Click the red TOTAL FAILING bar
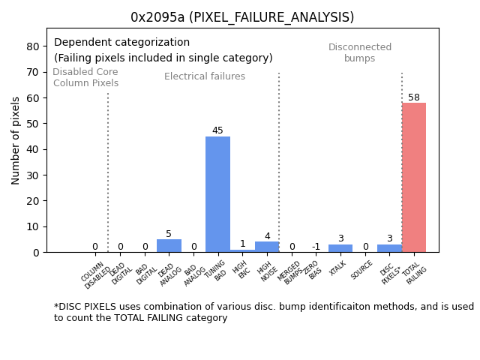pos(414,178)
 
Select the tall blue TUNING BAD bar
pos(217,194)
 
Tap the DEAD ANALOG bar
pos(169,246)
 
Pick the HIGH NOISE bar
pos(267,247)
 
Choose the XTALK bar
pos(340,248)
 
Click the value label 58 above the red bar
pos(414,97)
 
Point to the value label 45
pos(217,130)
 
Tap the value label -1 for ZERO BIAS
pos(316,247)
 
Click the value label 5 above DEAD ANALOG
pos(169,234)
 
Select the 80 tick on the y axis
pos(33,46)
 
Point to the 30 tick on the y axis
pos(33,175)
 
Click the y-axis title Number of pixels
pos(16,140)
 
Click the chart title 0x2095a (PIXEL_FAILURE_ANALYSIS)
pos(242,17)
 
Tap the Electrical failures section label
pos(205,76)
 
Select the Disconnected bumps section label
pos(360,52)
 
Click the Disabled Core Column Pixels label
pos(85,77)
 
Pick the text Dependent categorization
pos(121,43)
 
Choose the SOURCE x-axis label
pos(362,271)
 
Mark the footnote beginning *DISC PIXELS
pos(263,312)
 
